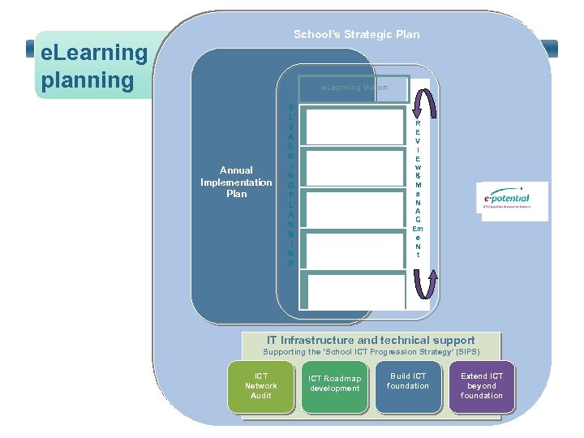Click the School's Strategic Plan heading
point(357,34)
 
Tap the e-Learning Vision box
point(354,88)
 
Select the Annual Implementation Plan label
point(236,182)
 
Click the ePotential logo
point(512,198)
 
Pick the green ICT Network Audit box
point(261,385)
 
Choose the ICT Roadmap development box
point(334,383)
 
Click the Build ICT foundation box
point(408,381)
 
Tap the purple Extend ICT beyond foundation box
point(482,385)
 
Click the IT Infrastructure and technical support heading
point(371,341)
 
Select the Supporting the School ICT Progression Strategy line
point(371,353)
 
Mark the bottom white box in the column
point(355,290)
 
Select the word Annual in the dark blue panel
point(236,170)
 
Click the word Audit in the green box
point(261,395)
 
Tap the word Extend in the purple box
point(474,376)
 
